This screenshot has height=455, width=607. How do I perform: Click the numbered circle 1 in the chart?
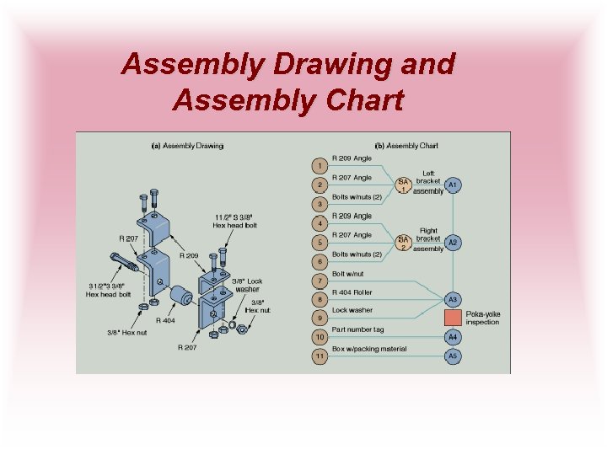click(320, 165)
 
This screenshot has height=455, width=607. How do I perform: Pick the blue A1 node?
click(453, 185)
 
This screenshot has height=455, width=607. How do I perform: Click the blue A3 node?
click(453, 299)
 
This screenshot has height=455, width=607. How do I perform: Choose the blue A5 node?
click(453, 356)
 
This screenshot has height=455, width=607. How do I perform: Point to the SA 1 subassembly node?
click(403, 185)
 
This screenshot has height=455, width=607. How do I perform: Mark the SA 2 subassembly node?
click(403, 242)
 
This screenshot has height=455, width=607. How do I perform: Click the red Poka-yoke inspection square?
click(453, 318)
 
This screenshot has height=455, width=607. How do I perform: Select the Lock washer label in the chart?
click(352, 311)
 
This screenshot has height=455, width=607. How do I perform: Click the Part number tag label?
click(357, 329)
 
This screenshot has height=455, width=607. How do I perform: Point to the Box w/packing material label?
click(369, 349)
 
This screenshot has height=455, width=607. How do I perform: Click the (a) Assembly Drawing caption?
click(187, 145)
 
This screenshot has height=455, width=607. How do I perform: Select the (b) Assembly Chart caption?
click(406, 145)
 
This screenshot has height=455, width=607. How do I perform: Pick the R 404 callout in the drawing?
click(165, 320)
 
